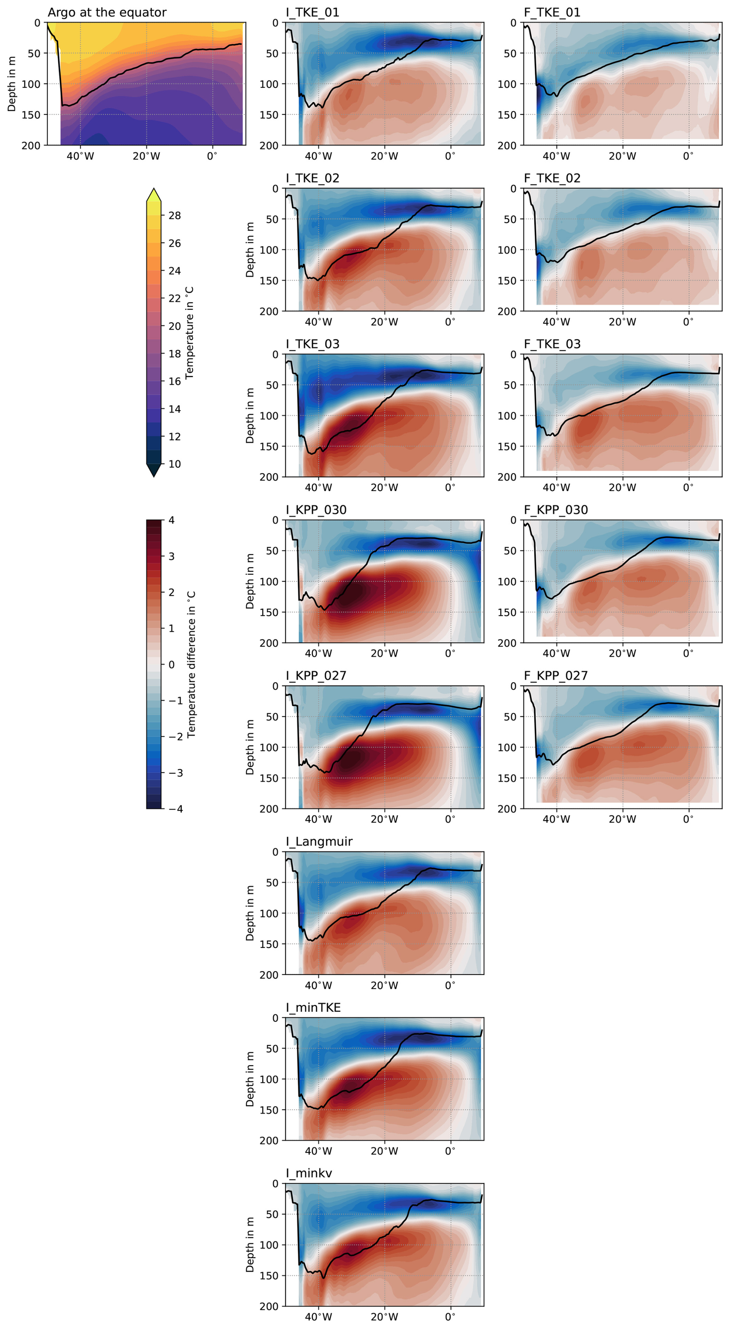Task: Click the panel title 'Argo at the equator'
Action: point(107,12)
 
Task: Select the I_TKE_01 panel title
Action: point(313,12)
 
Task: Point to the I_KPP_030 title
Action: point(316,510)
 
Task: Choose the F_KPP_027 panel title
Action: point(556,675)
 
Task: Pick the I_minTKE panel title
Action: point(313,1007)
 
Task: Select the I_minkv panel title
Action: point(309,1173)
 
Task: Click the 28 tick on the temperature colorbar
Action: point(174,215)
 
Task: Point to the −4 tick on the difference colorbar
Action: point(176,809)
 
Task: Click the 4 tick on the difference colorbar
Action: point(171,520)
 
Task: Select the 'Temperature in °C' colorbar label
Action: point(189,333)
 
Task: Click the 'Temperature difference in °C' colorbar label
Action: point(191,664)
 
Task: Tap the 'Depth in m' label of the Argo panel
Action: point(11,84)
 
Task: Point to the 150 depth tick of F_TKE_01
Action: point(507,114)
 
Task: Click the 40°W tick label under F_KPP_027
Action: point(556,819)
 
